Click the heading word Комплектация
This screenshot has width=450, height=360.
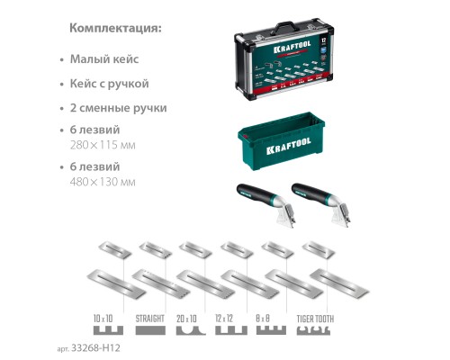[x=115, y=28]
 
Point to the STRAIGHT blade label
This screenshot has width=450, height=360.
[x=149, y=317]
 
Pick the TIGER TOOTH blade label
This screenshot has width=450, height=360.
[x=316, y=317]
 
